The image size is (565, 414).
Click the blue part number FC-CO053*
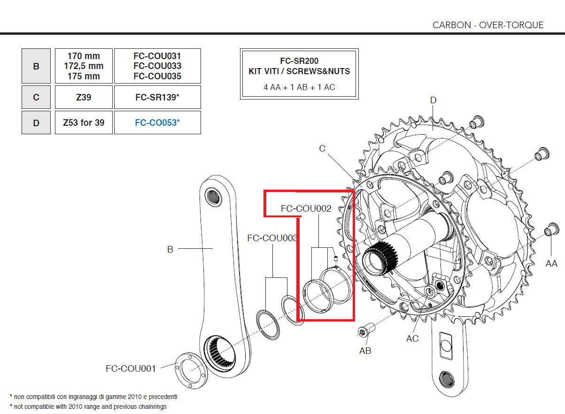pos(157,123)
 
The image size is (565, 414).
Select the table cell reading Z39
pos(84,97)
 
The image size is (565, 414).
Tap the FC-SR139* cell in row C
pos(157,97)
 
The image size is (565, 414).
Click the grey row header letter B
pos(36,66)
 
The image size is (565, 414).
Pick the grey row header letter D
pos(36,123)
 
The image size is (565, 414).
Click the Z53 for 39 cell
pos(84,123)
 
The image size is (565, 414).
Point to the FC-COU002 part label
pos(306,208)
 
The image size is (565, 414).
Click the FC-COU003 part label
pos(272,238)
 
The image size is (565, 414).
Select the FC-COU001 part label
pos(131,368)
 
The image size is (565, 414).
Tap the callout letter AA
pos(551,264)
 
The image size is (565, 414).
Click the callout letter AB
pos(365,351)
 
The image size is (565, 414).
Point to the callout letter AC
pos(412,338)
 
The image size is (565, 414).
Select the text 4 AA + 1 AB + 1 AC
pos(299,87)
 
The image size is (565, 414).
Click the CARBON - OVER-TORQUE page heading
pos(488,25)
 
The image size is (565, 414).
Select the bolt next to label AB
pos(364,332)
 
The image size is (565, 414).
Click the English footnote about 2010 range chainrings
pos(88,406)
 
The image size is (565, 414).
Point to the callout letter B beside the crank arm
pos(170,249)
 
